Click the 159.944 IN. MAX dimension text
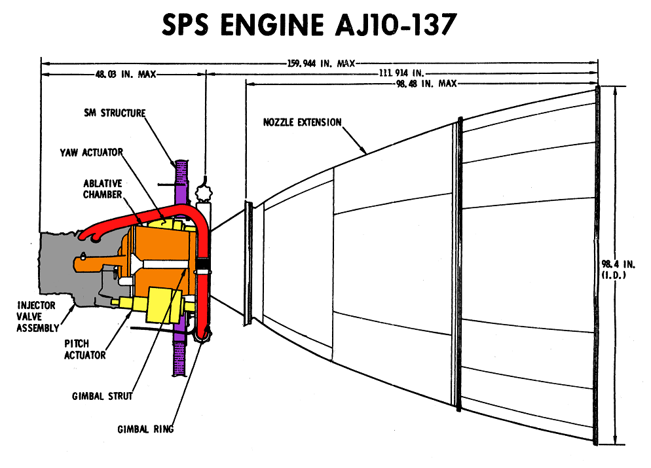321,63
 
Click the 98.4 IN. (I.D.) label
613,269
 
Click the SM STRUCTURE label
118,113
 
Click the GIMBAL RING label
145,429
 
